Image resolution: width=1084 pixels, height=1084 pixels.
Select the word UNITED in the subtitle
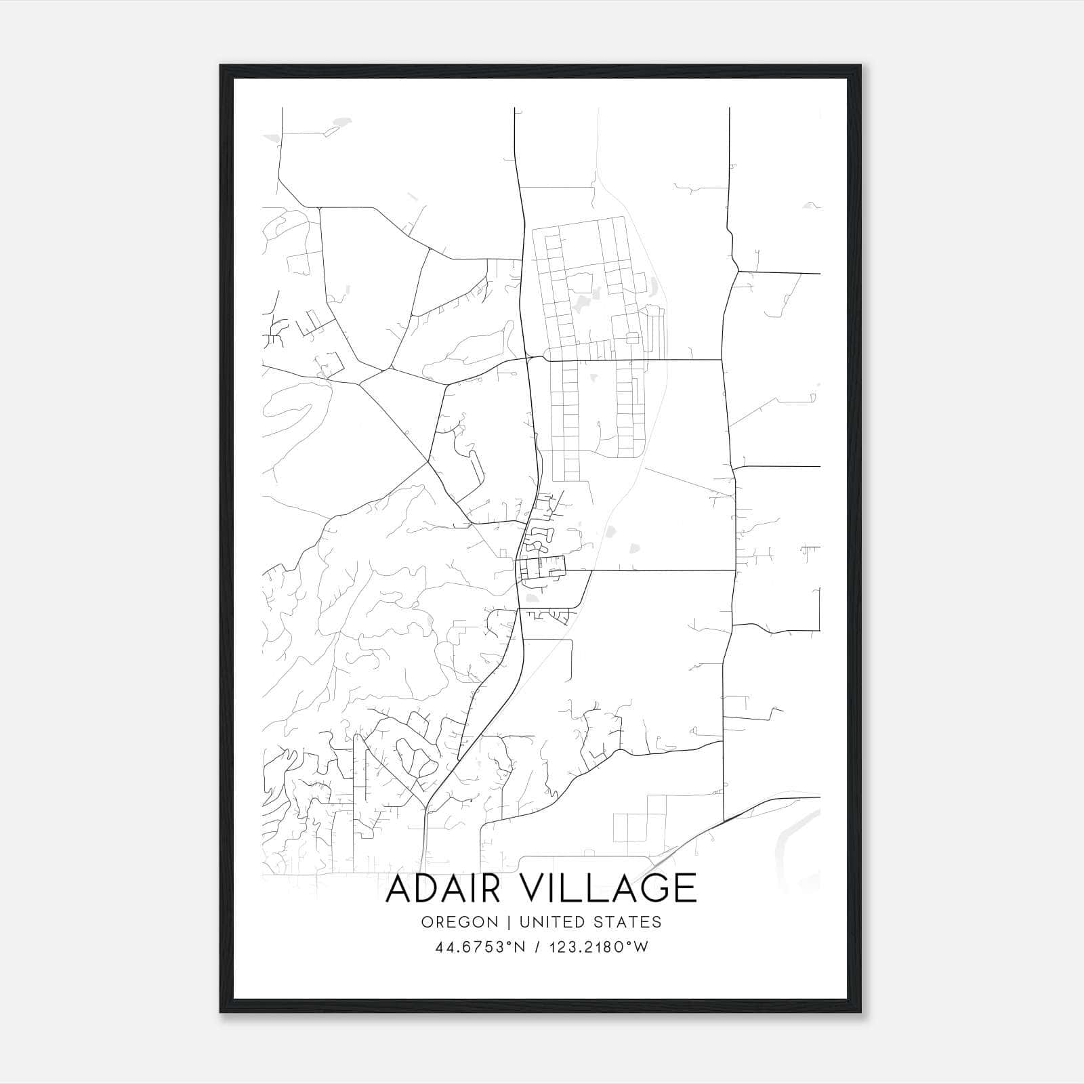pos(545,922)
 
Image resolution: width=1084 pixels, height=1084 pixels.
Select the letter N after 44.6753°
pos(520,948)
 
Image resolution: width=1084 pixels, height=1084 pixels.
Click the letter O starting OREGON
pos(426,922)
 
